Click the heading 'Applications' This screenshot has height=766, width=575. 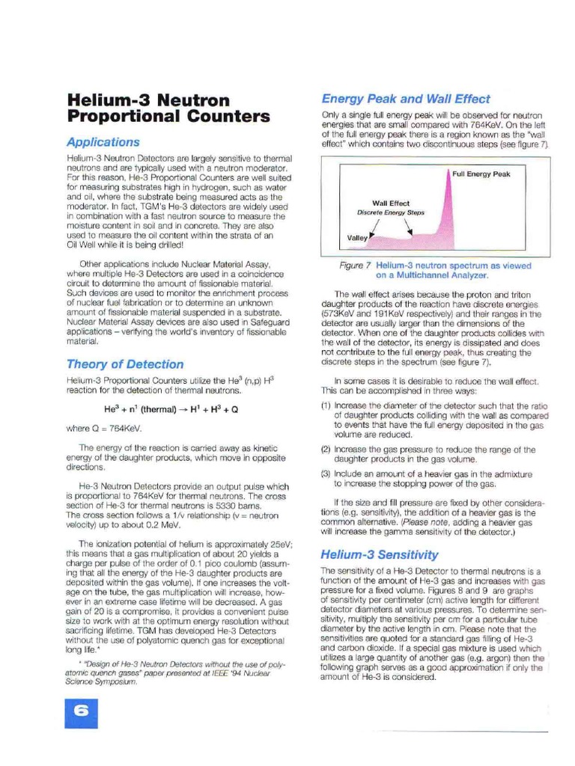pyautogui.click(x=103, y=141)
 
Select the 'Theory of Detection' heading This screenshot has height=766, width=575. pyautogui.click(x=124, y=364)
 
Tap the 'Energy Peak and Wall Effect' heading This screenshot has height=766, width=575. pyautogui.click(x=405, y=99)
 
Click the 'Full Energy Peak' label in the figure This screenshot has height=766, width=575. pyautogui.click(x=481, y=174)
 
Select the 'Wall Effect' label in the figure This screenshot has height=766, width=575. pyautogui.click(x=391, y=203)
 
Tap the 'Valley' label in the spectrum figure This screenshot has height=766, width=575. pyautogui.click(x=356, y=238)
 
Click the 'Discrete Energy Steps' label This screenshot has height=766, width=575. pyautogui.click(x=391, y=212)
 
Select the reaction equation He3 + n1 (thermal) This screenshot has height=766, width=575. pyautogui.click(x=171, y=410)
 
